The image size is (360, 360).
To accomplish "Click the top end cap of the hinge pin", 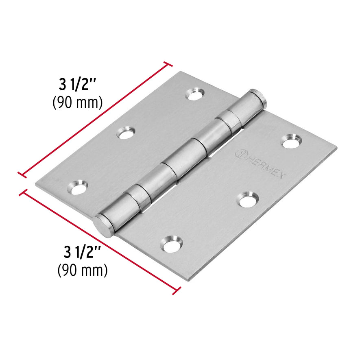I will pyautogui.click(x=257, y=98).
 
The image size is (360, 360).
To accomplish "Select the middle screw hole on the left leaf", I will pyautogui.click(x=127, y=133).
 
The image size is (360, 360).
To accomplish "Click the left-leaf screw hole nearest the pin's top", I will pyautogui.click(x=195, y=94).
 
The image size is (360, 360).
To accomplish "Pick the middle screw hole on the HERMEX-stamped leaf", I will pyautogui.click(x=248, y=199).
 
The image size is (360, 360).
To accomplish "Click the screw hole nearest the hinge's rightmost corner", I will pyautogui.click(x=291, y=141).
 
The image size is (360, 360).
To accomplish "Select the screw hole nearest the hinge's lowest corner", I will pyautogui.click(x=171, y=243).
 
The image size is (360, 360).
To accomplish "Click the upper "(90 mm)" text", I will pyautogui.click(x=77, y=103).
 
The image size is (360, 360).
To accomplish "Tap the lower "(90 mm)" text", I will pyautogui.click(x=83, y=269).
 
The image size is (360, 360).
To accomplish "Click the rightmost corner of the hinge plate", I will pyautogui.click(x=337, y=148).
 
